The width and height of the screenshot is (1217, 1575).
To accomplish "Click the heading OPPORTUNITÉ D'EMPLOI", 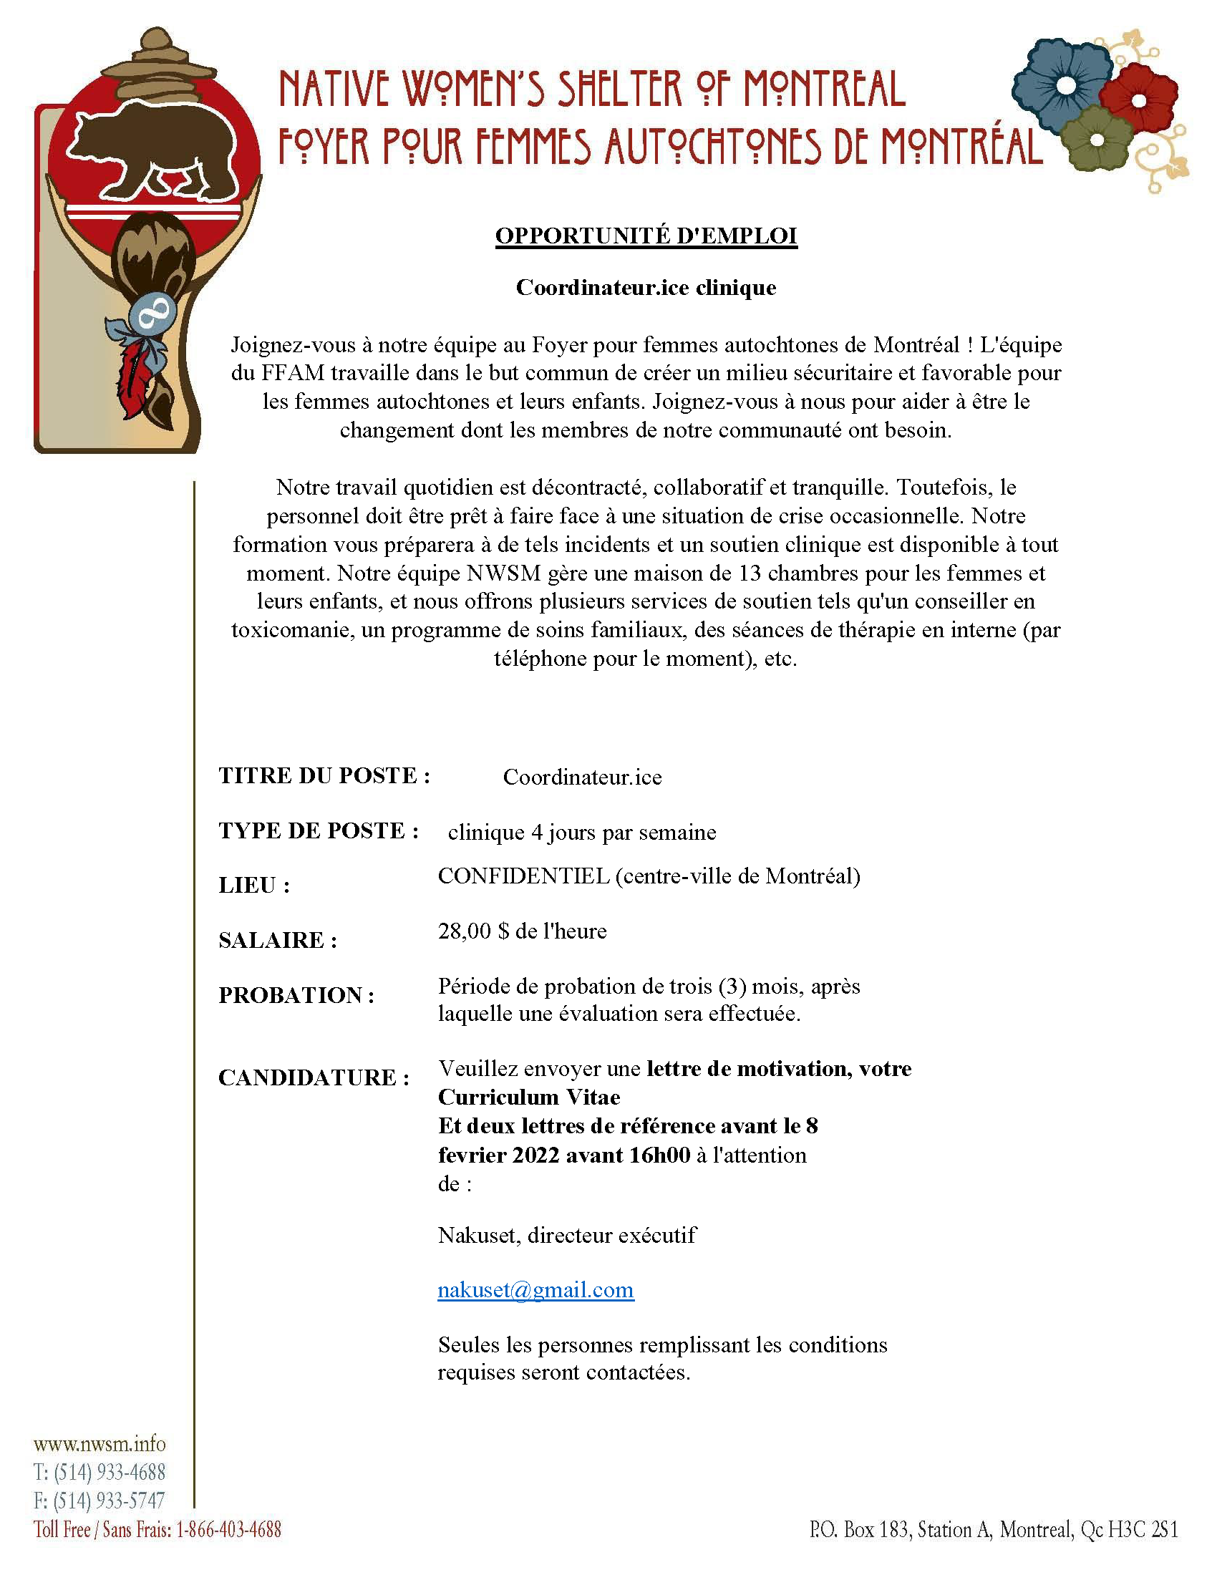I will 646,236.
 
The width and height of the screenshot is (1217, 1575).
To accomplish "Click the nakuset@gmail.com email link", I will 535,1289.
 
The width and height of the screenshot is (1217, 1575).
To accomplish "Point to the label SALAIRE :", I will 278,941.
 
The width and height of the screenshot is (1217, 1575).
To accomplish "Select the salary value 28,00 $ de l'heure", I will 522,931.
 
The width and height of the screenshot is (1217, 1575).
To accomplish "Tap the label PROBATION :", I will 296,995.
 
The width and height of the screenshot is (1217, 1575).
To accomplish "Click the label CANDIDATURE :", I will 314,1077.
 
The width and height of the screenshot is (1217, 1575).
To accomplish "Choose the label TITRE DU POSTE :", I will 324,775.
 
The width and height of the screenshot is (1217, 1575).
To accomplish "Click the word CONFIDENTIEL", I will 523,876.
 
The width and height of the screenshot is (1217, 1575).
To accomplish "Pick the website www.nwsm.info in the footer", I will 100,1444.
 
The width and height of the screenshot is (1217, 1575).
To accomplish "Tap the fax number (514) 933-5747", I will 109,1500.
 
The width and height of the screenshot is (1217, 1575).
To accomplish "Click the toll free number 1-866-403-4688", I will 228,1529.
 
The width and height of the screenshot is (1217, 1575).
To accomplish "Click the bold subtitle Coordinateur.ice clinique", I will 646,287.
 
